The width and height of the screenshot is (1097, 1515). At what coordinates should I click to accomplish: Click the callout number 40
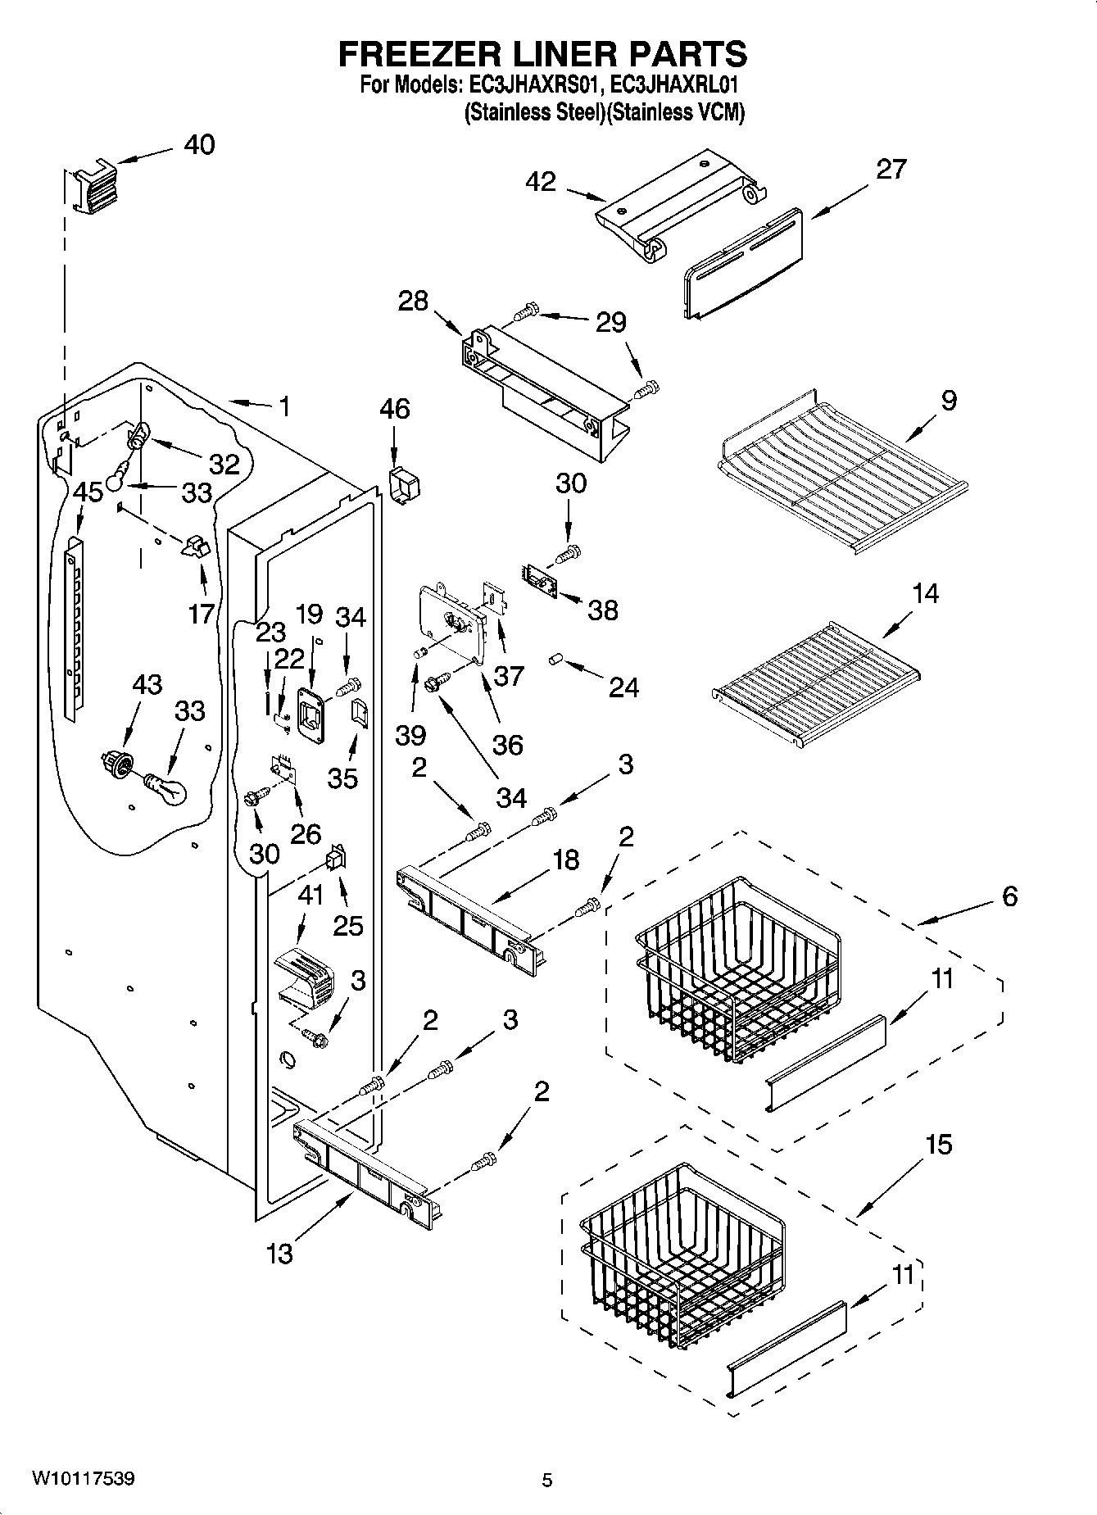[199, 145]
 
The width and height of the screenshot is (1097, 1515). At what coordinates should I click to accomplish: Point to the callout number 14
[925, 592]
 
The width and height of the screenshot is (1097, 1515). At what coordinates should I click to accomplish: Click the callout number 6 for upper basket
[1009, 896]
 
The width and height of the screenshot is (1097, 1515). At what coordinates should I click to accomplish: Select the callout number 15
[939, 1144]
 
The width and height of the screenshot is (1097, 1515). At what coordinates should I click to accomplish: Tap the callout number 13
[280, 1253]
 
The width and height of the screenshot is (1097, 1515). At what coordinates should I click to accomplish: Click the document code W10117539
[84, 1479]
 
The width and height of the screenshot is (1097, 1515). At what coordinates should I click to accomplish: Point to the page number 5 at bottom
[547, 1481]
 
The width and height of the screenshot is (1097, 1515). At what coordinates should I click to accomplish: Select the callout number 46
[395, 408]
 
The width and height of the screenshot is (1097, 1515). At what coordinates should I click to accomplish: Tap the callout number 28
[413, 301]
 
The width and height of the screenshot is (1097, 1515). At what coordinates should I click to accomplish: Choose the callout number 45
[88, 492]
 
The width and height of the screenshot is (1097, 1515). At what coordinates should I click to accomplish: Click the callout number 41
[311, 896]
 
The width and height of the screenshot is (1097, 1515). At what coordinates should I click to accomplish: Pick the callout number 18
[565, 860]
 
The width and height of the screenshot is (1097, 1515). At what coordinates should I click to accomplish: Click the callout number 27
[891, 169]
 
